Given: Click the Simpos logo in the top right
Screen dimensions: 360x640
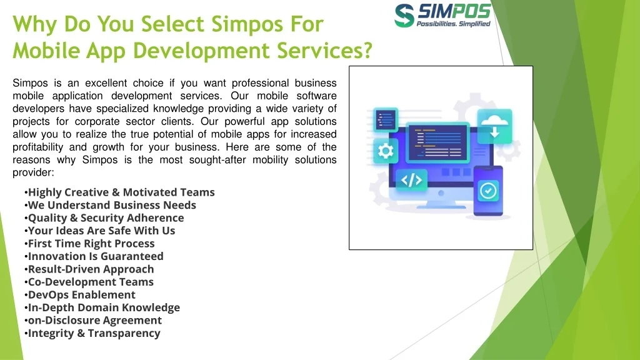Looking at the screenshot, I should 442,15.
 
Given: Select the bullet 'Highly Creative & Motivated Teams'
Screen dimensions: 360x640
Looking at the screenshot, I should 121,192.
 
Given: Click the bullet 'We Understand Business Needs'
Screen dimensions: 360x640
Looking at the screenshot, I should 112,205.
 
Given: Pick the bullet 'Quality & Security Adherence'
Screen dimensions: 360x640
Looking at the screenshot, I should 106,218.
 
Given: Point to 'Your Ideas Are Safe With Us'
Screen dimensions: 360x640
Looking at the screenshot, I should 101,231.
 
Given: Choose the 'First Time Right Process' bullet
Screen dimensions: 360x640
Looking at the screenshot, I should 91,244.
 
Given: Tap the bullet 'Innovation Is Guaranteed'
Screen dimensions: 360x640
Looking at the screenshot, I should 96,256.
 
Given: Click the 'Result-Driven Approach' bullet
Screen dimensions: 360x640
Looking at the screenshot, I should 91,269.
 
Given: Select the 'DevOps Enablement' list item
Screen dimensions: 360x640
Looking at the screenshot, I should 81,295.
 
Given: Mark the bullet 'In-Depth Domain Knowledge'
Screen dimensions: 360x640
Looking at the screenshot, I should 104,307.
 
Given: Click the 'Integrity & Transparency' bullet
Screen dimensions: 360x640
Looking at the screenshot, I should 94,333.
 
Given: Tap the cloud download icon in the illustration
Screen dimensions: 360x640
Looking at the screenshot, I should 494,126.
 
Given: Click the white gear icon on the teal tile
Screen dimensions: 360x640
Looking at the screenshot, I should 386,151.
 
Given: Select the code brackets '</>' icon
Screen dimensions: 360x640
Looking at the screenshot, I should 411,181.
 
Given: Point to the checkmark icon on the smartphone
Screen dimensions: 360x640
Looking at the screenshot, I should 488,191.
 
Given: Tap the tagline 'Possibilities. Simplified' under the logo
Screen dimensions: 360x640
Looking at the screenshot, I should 453,24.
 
